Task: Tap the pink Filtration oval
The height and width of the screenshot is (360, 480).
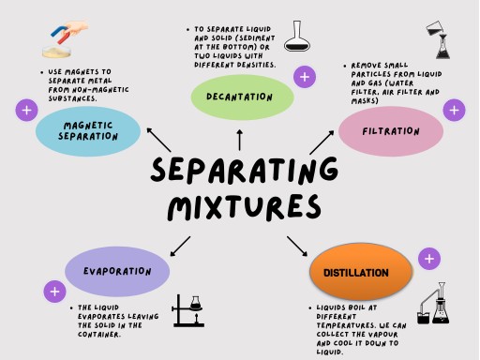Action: click(390, 132)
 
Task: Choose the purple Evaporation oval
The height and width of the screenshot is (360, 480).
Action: click(117, 271)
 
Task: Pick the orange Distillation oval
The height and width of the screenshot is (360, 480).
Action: click(361, 272)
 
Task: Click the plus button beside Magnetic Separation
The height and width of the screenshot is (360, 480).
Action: click(25, 111)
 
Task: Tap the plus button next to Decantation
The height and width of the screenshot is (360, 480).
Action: click(305, 76)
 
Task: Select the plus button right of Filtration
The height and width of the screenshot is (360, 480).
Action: click(455, 111)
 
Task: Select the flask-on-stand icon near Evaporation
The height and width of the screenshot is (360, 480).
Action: click(188, 316)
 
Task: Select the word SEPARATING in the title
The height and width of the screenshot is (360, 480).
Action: click(244, 172)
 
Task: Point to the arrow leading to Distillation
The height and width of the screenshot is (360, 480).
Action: click(296, 246)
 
